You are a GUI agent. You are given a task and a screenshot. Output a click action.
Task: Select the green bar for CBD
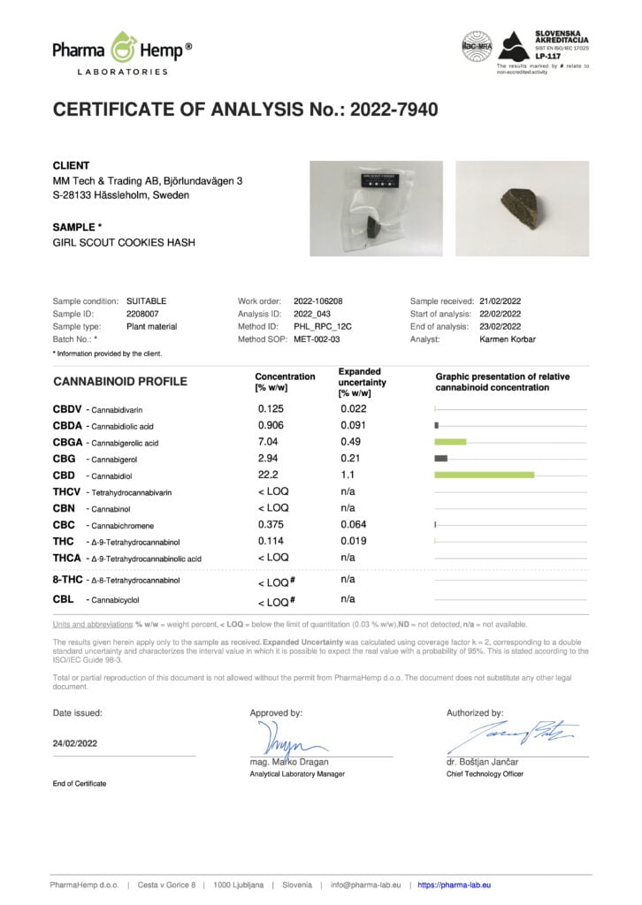point(485,475)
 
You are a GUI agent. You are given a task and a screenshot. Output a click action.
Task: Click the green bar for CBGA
point(450,442)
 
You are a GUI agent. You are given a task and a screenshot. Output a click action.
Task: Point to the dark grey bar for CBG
point(440,458)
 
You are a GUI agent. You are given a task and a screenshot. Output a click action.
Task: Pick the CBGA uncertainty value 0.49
point(351,442)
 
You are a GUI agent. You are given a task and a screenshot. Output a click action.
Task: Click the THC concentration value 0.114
point(271,541)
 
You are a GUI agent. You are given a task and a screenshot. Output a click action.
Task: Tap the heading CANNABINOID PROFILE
point(120,382)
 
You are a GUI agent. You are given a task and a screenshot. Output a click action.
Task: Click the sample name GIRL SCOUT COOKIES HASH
point(124,242)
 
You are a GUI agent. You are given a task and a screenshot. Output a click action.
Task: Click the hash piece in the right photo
point(521,209)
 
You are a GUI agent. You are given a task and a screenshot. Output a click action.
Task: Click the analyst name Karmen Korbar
point(508,338)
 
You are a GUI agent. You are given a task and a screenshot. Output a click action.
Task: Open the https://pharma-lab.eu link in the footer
point(454,885)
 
